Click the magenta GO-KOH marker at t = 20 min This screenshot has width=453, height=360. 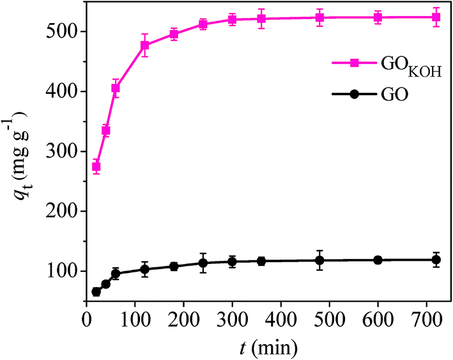96,167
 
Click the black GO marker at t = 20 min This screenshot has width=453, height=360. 96,292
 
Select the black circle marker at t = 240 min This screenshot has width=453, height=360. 203,263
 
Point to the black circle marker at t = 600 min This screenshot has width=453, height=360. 378,260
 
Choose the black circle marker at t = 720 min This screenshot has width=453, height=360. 436,260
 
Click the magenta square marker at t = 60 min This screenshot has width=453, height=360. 116,88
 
